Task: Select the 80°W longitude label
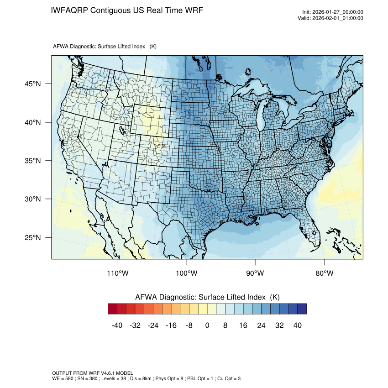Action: coord(324,273)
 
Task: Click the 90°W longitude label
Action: coord(255,273)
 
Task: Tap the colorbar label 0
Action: coord(207,325)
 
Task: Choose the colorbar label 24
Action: coord(261,325)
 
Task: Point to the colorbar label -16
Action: coord(172,325)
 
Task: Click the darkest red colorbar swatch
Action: coord(113,309)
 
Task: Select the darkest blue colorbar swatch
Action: coord(302,309)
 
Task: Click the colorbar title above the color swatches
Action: coord(207,297)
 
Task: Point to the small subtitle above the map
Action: coord(105,47)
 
